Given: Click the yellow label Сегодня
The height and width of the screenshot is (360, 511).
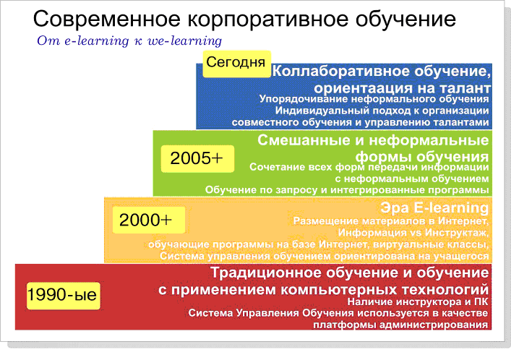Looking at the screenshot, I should [236, 62].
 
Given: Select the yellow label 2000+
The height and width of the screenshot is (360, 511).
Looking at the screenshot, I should [145, 219].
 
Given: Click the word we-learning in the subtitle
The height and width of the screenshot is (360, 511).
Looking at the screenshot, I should [186, 40].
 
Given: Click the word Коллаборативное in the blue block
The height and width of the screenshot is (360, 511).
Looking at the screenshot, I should [340, 72].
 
